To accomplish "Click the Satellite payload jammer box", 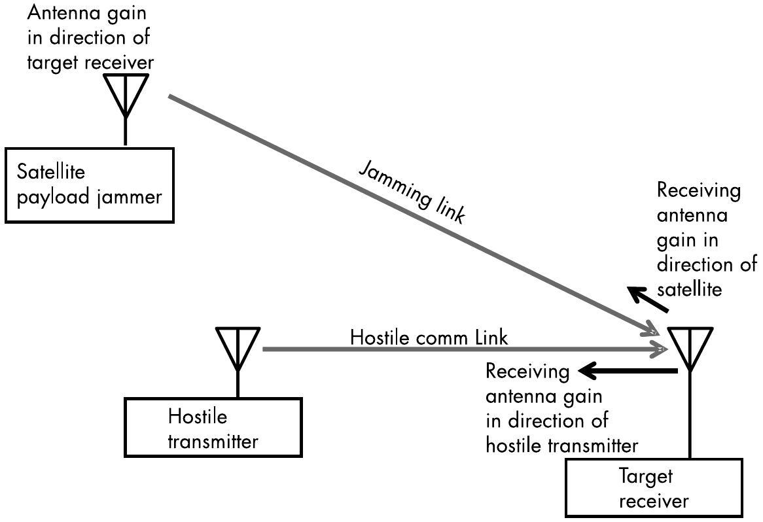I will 89,185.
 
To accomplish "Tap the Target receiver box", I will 654,487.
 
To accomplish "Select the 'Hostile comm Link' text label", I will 429,338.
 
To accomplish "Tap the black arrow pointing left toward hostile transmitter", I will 629,372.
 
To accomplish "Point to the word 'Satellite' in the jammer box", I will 51,172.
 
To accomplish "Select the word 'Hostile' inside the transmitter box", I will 198,416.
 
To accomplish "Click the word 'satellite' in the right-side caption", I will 690,290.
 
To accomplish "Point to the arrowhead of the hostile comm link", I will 660,349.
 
